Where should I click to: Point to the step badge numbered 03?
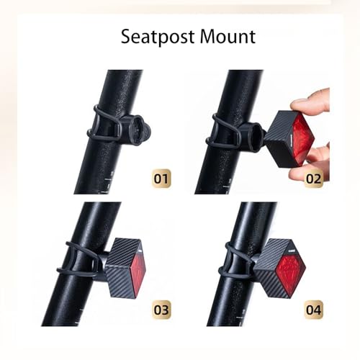[x=162, y=311]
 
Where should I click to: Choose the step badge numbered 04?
[x=313, y=311]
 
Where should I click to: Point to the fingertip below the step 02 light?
[x=306, y=173]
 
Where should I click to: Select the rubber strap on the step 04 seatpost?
[x=234, y=258]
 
